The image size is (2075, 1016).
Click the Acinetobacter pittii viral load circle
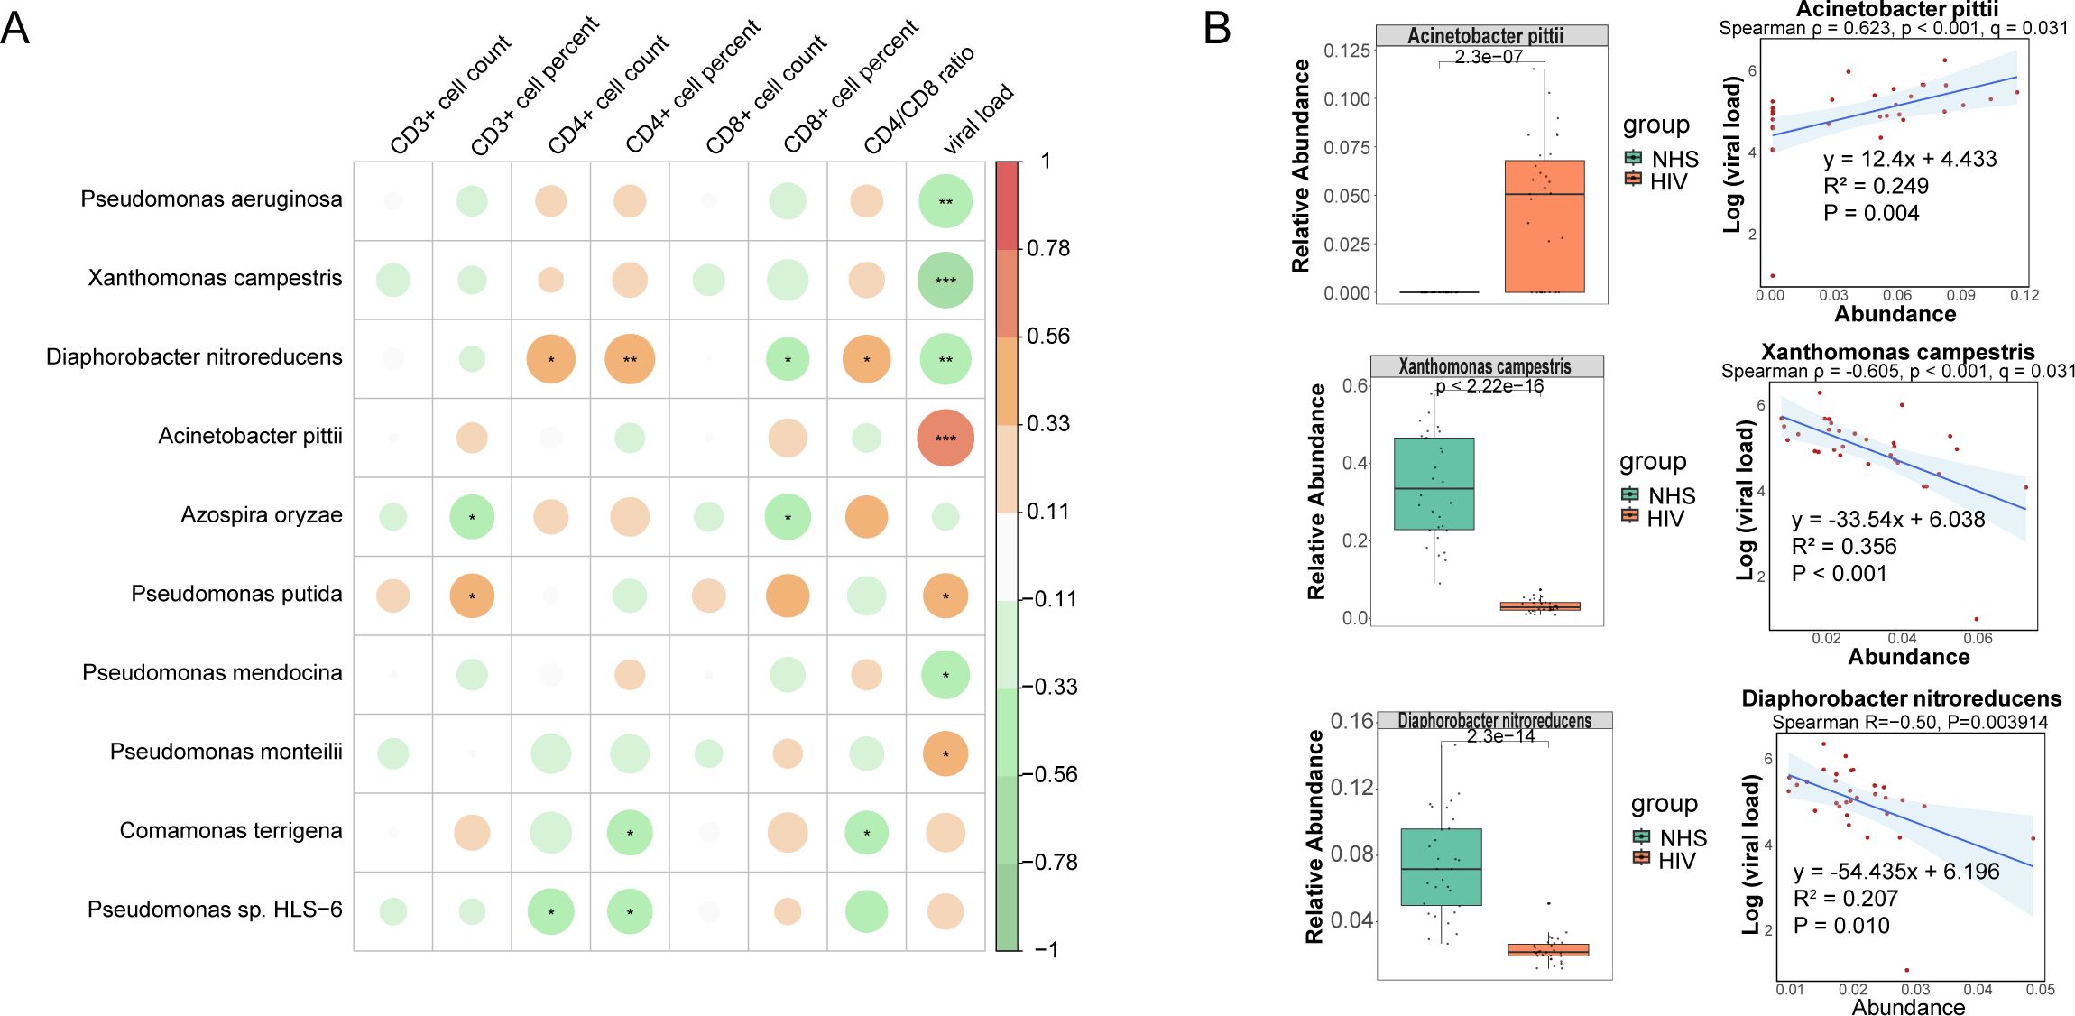(945, 439)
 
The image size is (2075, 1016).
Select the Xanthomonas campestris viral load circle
(945, 281)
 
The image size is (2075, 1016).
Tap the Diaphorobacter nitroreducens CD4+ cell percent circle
(630, 359)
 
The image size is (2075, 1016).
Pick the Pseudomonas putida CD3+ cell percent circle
(472, 596)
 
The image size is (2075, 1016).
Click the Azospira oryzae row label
(262, 515)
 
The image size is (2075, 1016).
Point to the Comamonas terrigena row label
(231, 831)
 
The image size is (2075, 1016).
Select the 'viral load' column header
(979, 119)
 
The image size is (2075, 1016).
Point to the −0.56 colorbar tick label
(1052, 774)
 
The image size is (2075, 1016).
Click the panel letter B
(1216, 30)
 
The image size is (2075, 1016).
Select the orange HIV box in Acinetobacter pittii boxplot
(1544, 226)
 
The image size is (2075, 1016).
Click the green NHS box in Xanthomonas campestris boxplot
(1434, 484)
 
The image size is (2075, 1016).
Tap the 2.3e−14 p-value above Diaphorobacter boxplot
(1500, 736)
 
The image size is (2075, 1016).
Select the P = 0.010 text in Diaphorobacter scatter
(1840, 926)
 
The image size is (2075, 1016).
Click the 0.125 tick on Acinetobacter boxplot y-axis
(1346, 51)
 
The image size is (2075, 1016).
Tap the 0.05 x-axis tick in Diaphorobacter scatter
(2040, 990)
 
